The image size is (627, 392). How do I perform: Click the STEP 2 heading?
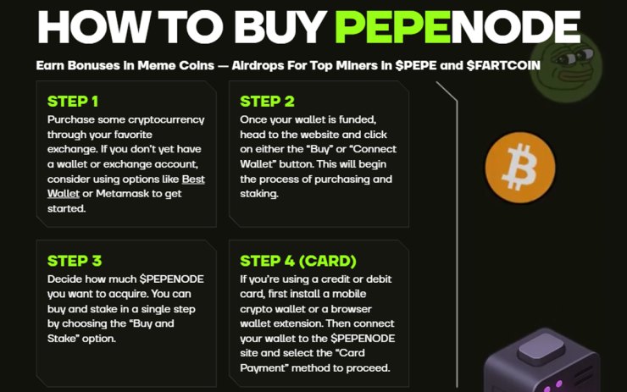(267, 102)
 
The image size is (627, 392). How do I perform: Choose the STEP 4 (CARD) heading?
(297, 261)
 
